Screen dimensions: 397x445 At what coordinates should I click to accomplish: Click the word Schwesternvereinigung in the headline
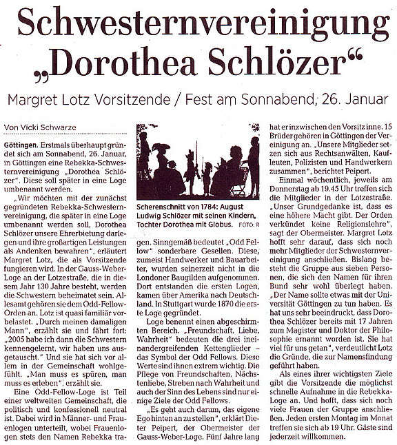[x=198, y=28]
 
